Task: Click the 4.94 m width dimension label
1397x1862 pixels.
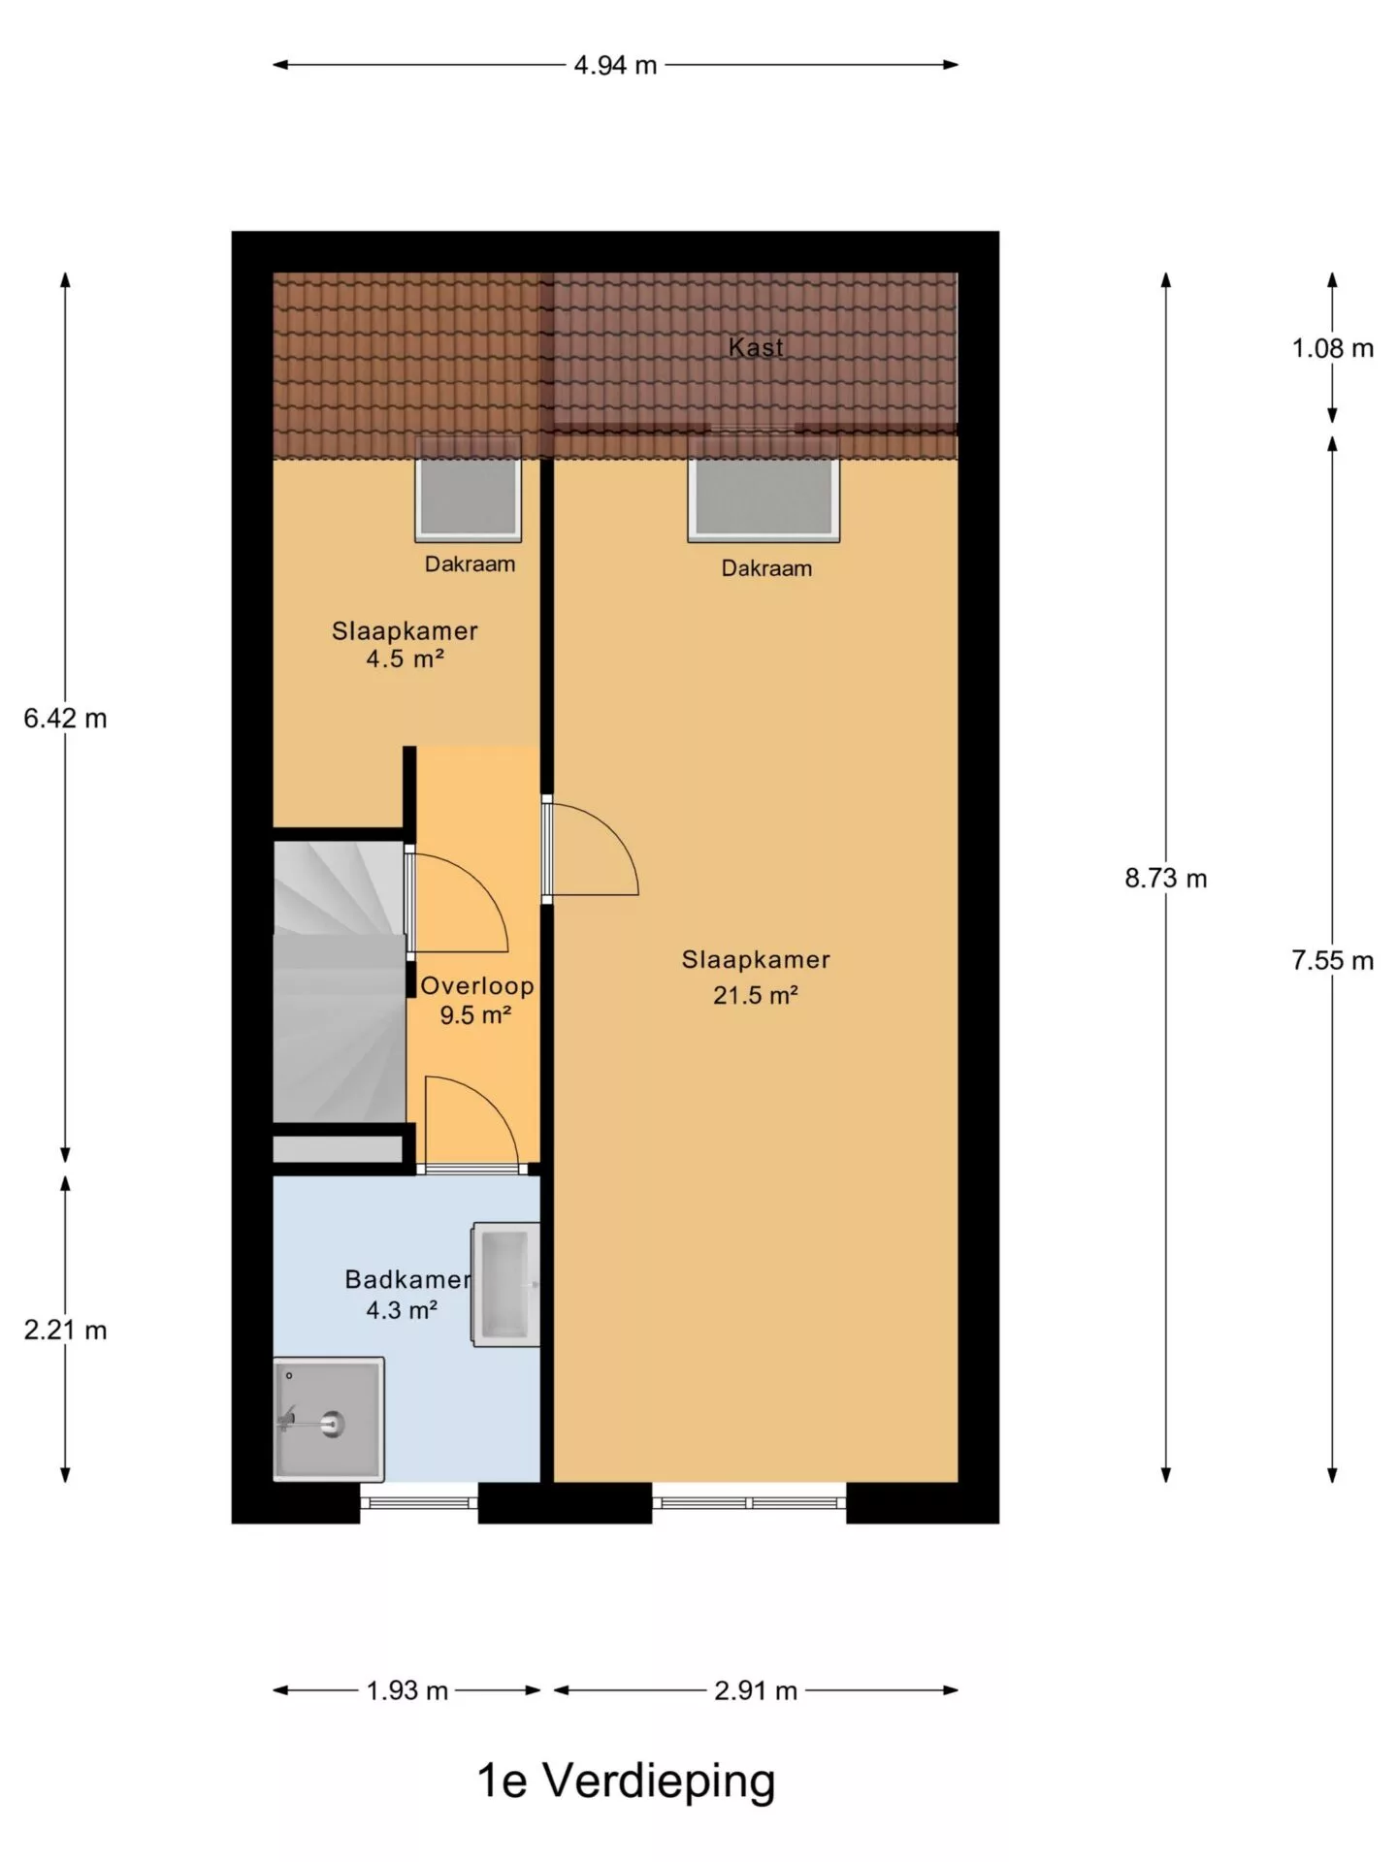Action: pyautogui.click(x=615, y=65)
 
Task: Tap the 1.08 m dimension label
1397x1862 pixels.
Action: pyautogui.click(x=1332, y=348)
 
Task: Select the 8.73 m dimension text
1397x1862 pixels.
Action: pyautogui.click(x=1166, y=879)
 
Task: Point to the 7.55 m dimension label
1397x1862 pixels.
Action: pyautogui.click(x=1332, y=960)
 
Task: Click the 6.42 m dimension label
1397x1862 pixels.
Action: pyautogui.click(x=65, y=719)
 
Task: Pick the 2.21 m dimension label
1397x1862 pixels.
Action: pyautogui.click(x=65, y=1330)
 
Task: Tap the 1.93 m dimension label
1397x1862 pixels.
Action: pyautogui.click(x=406, y=1691)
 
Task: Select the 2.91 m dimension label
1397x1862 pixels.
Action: pyautogui.click(x=756, y=1691)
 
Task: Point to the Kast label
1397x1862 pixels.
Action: pyautogui.click(x=756, y=347)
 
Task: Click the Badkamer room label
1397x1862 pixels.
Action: pyautogui.click(x=407, y=1280)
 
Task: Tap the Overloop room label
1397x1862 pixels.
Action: pyautogui.click(x=476, y=986)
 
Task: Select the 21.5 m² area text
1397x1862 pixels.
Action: pyautogui.click(x=756, y=995)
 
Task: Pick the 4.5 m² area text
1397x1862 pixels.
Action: pyautogui.click(x=405, y=659)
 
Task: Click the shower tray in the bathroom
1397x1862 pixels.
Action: pyautogui.click(x=329, y=1419)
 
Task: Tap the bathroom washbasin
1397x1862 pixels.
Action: pyautogui.click(x=505, y=1285)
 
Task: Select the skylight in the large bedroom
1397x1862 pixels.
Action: pyautogui.click(x=763, y=488)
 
